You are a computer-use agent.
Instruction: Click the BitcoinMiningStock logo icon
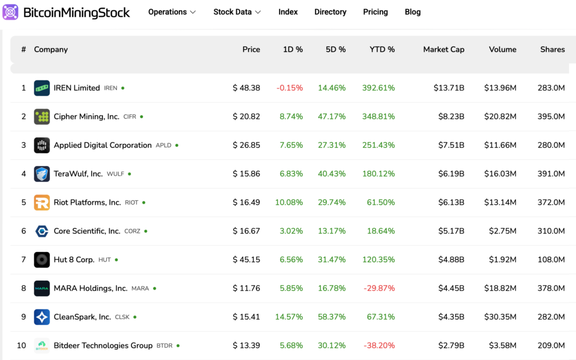tap(11, 12)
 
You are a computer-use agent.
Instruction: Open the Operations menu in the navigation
tap(172, 12)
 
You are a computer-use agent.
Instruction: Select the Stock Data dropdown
tap(237, 12)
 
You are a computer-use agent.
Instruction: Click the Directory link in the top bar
tap(330, 12)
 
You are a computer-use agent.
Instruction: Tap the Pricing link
tap(375, 12)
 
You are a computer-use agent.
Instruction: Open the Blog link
tap(412, 12)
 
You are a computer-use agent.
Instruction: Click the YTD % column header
tap(382, 49)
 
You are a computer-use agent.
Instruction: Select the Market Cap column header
tap(443, 49)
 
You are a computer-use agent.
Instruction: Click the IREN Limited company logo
tap(42, 88)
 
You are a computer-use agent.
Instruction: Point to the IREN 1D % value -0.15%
tap(289, 88)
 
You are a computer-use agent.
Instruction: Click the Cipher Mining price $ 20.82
tap(246, 116)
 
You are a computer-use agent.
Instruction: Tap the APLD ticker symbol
tap(163, 146)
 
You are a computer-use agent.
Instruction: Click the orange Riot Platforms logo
tap(42, 202)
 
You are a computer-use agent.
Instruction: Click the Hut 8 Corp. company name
tap(74, 260)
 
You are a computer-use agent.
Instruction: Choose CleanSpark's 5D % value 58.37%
tap(331, 317)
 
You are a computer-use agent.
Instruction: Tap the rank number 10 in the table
tap(21, 345)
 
